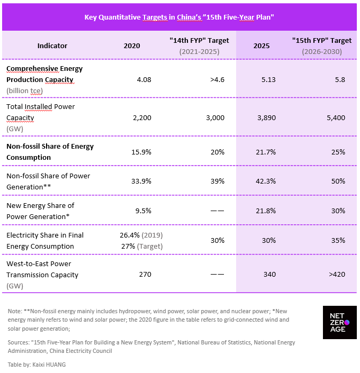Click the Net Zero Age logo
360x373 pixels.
339,322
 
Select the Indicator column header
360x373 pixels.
52,46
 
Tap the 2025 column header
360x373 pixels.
261,46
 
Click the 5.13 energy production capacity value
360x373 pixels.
268,80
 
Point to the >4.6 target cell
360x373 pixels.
217,80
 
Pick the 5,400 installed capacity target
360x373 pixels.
336,118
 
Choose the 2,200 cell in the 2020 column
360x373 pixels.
142,118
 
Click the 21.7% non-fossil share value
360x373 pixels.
266,152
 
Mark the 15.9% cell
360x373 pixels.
141,152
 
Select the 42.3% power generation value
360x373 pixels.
266,181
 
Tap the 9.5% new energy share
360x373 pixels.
143,211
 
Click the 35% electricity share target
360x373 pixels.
338,241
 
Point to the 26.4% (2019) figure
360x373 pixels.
141,235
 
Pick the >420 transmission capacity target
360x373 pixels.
337,275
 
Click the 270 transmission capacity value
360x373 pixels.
145,275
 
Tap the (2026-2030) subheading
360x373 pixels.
322,52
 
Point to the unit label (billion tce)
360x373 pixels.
24,91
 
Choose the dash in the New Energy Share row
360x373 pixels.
217,211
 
